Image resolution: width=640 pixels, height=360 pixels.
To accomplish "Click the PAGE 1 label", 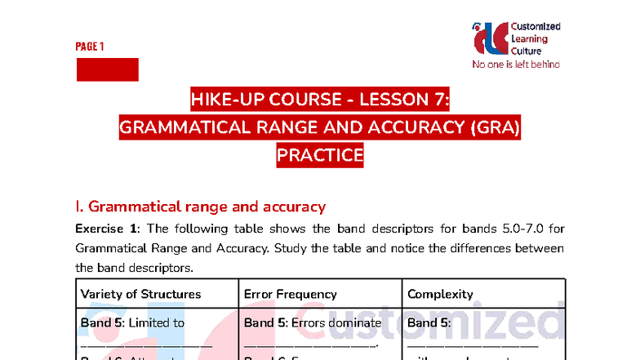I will (x=90, y=47).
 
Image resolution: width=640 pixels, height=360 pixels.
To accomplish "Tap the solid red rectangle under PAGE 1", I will (x=107, y=69).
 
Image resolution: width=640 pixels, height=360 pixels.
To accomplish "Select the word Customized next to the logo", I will (x=534, y=26).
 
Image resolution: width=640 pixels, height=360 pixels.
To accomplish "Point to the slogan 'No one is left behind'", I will (x=516, y=64).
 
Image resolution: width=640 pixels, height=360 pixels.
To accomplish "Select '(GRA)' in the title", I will (x=490, y=127).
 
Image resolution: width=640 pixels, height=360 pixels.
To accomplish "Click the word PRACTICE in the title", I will (x=320, y=154).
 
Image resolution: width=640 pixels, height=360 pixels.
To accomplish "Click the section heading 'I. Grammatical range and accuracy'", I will (x=201, y=207).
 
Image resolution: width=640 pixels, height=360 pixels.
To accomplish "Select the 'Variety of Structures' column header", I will (x=140, y=294).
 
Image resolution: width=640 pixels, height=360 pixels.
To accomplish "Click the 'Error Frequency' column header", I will (x=291, y=294).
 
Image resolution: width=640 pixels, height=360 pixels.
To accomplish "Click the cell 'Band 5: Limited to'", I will (x=132, y=322).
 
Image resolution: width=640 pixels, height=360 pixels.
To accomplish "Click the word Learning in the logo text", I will (x=530, y=38).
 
